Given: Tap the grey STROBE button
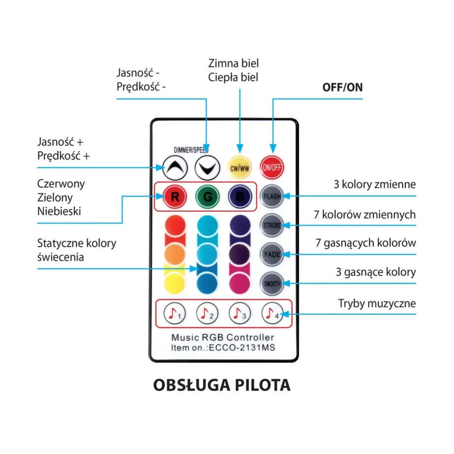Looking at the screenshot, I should pyautogui.click(x=272, y=226).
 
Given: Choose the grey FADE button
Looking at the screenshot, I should pyautogui.click(x=272, y=255).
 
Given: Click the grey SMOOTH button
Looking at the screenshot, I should pyautogui.click(x=272, y=284).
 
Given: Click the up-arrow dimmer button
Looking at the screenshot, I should pyautogui.click(x=175, y=168).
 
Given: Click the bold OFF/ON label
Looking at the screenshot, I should pyautogui.click(x=342, y=87).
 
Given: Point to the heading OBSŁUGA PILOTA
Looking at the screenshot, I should pyautogui.click(x=222, y=385).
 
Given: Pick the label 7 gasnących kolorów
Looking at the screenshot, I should pyautogui.click(x=365, y=243).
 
